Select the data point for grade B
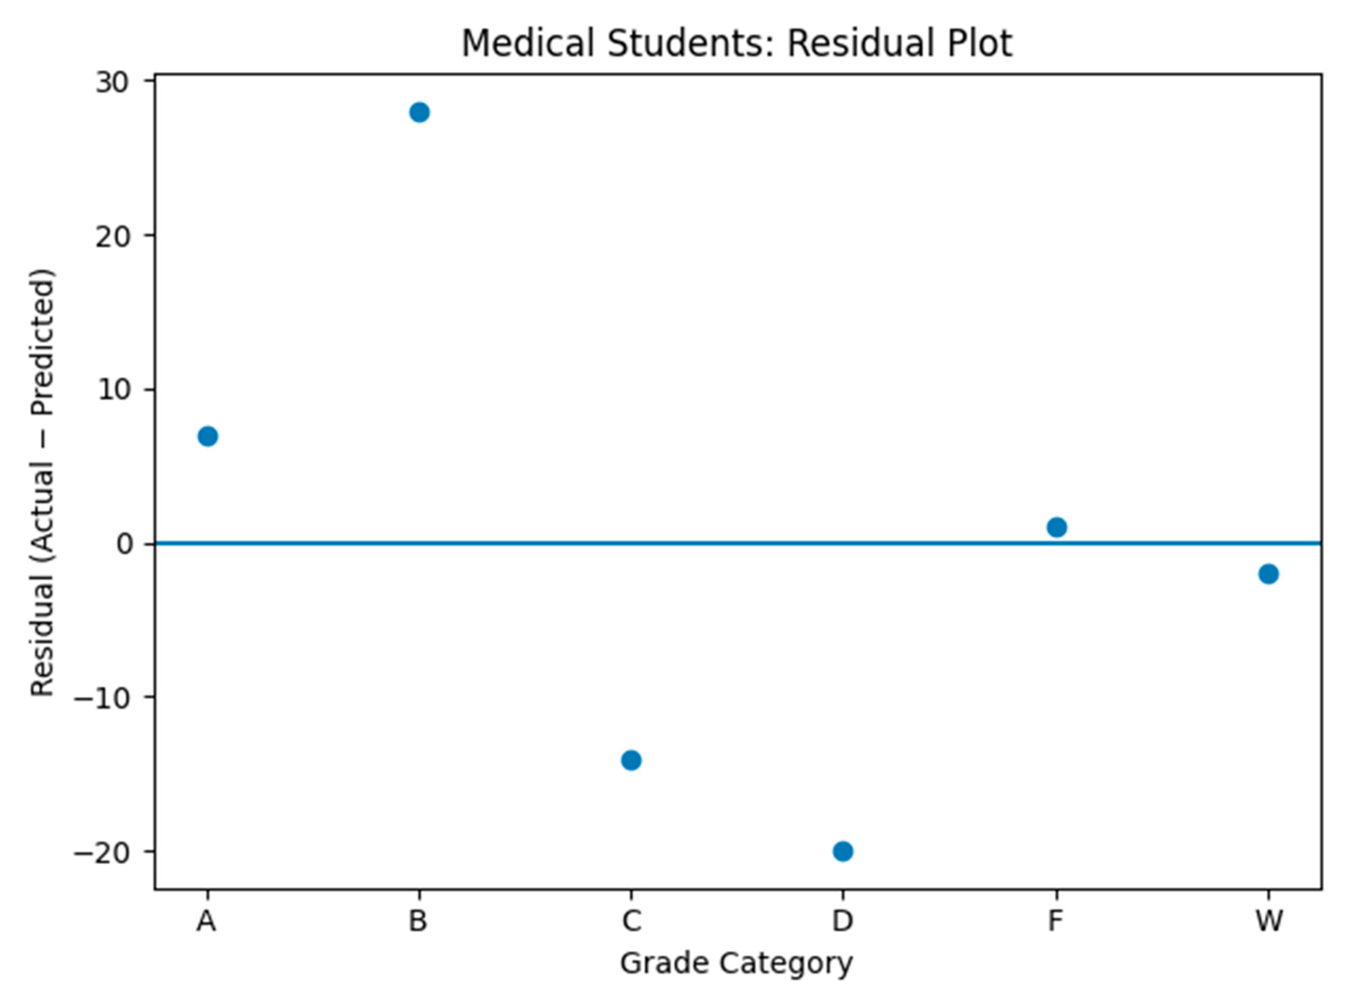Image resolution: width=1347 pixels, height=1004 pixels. pos(419,112)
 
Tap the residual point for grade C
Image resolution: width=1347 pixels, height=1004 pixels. pos(631,760)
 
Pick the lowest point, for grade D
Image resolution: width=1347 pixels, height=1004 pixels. pos(842,851)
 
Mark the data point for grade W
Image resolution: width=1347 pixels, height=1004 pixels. pos(1269,574)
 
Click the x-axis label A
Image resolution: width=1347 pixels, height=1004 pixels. pos(207,921)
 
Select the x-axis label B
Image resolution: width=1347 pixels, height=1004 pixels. pos(418,921)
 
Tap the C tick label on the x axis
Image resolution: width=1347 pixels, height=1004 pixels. pos(631,921)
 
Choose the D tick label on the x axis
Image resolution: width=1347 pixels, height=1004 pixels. pos(842,921)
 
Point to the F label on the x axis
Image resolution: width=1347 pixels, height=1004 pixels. pos(1056,921)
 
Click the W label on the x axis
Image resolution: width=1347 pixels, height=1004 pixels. pos(1269,921)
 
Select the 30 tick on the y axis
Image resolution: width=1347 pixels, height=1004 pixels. pos(114,82)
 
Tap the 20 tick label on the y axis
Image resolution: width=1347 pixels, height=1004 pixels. pos(114,236)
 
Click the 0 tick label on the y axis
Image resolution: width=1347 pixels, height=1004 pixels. pos(125,544)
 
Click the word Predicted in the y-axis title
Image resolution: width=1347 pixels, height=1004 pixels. pos(43,341)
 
